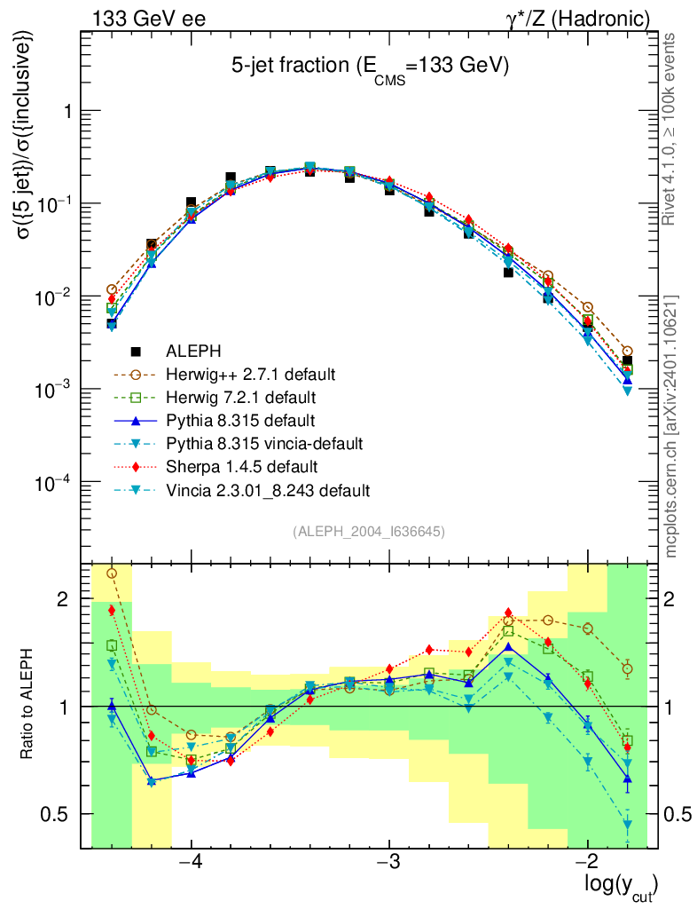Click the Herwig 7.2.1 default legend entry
[241, 397]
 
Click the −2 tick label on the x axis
[587, 862]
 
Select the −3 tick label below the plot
[389, 862]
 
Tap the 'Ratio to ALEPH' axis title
[27, 706]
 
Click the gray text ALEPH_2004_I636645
[368, 532]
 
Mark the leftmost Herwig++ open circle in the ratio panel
[112, 573]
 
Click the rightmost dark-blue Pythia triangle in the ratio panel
[628, 781]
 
